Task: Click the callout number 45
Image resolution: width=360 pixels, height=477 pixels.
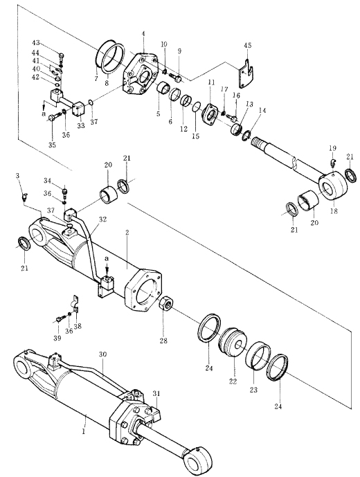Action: pos(248,46)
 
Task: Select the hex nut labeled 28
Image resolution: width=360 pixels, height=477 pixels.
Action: pos(166,304)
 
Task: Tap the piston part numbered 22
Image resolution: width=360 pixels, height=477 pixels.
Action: pos(233,343)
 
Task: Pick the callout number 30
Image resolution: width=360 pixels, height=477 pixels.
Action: pos(103,354)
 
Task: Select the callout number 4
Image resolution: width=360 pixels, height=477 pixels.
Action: pos(143,33)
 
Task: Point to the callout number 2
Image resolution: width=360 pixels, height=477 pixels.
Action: pos(127,233)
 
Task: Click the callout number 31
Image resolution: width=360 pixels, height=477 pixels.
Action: pos(156,394)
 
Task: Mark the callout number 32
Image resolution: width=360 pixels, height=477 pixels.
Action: pos(103,219)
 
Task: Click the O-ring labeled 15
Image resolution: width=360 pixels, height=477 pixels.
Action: pos(197,107)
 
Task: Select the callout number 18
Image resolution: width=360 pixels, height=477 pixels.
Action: pos(334,211)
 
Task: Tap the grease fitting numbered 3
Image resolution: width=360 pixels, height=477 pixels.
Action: pos(24,197)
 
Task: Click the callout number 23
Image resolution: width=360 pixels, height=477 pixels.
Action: pos(254,389)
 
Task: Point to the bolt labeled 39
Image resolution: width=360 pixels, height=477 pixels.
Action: pos(61,318)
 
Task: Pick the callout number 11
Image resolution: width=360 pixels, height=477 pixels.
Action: pos(211,82)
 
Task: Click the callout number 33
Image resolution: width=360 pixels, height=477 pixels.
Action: pos(80,125)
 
